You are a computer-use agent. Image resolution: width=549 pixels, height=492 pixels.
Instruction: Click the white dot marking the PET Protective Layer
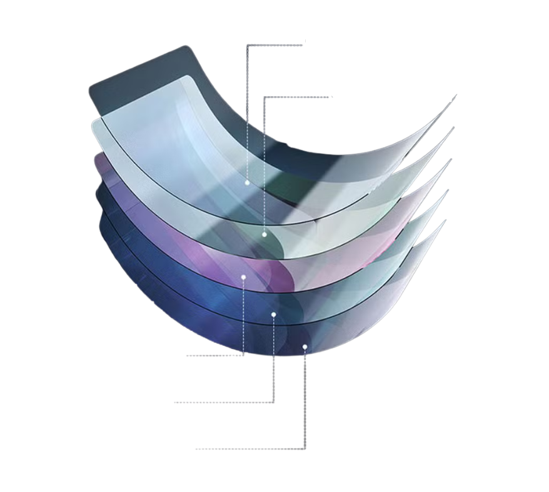[x=248, y=183]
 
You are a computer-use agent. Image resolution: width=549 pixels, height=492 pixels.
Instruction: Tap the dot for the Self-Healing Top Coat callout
[x=264, y=234]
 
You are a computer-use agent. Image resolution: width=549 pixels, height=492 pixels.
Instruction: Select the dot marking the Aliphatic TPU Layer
[x=243, y=276]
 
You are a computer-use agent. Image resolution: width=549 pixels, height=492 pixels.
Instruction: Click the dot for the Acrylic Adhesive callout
[x=273, y=314]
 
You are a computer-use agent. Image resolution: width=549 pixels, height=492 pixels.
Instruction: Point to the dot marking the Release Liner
[x=305, y=346]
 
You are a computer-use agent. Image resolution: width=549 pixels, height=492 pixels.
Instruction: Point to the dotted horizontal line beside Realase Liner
[x=250, y=449]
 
